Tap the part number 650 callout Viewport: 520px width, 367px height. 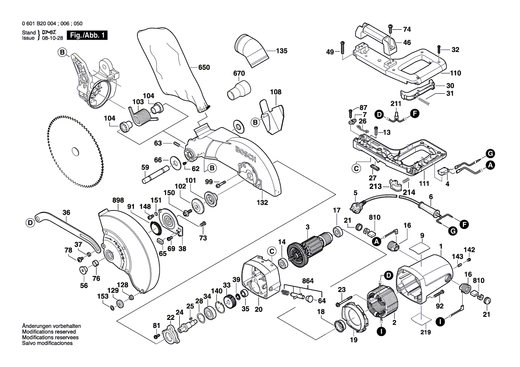click(x=204, y=68)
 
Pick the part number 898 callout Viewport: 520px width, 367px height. click(x=106, y=200)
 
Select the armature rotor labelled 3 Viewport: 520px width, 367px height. click(x=307, y=251)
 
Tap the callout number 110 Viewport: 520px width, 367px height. click(x=456, y=73)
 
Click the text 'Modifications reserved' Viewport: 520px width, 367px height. click(x=49, y=332)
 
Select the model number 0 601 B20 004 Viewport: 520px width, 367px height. click(x=41, y=24)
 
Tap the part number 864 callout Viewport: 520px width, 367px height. click(x=307, y=281)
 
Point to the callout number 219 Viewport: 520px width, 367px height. click(x=425, y=332)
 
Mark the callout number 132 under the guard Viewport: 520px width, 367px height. click(x=262, y=203)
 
